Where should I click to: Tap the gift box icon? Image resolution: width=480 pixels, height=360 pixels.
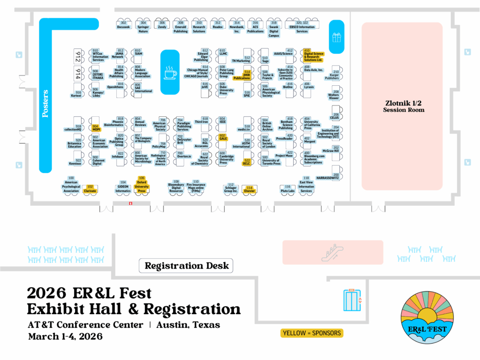coord(337,37)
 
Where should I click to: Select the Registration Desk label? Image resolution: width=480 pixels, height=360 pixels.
coord(187,266)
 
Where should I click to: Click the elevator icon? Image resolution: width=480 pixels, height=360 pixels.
coord(352,300)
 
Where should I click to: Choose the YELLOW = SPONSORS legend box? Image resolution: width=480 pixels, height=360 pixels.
coord(312,333)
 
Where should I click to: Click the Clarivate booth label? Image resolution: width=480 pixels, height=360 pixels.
coord(90,191)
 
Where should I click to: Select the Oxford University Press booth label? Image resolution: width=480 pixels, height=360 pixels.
coord(142,186)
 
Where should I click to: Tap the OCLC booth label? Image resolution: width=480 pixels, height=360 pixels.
coord(247,164)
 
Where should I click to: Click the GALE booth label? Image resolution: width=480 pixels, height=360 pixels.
coord(223,138)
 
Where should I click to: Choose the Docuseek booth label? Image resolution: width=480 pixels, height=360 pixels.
coord(123,27)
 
